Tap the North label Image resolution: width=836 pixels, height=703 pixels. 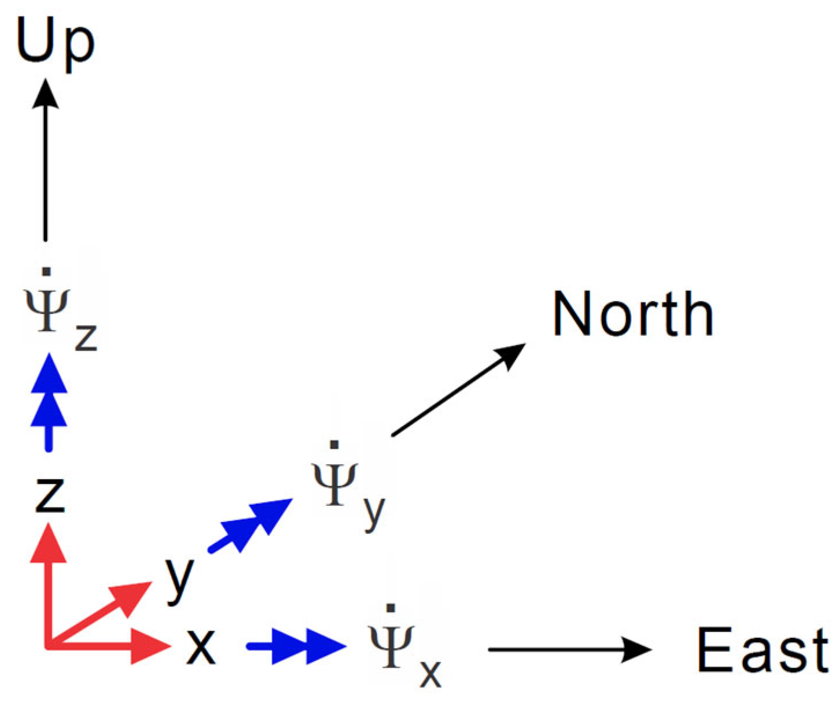point(632,313)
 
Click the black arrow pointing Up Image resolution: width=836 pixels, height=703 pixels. point(45,160)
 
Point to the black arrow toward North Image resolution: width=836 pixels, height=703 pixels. point(458,390)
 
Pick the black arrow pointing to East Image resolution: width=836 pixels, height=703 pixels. point(570,649)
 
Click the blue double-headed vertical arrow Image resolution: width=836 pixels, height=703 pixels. point(49,402)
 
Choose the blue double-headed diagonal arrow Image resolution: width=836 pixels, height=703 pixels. point(251,526)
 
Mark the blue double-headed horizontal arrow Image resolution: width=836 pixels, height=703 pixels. point(296,646)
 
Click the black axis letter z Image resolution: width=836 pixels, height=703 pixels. point(50,495)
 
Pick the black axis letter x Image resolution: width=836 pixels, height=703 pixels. point(200,647)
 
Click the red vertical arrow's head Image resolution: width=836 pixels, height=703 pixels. point(49,542)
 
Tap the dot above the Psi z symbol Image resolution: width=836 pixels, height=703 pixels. point(47,271)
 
